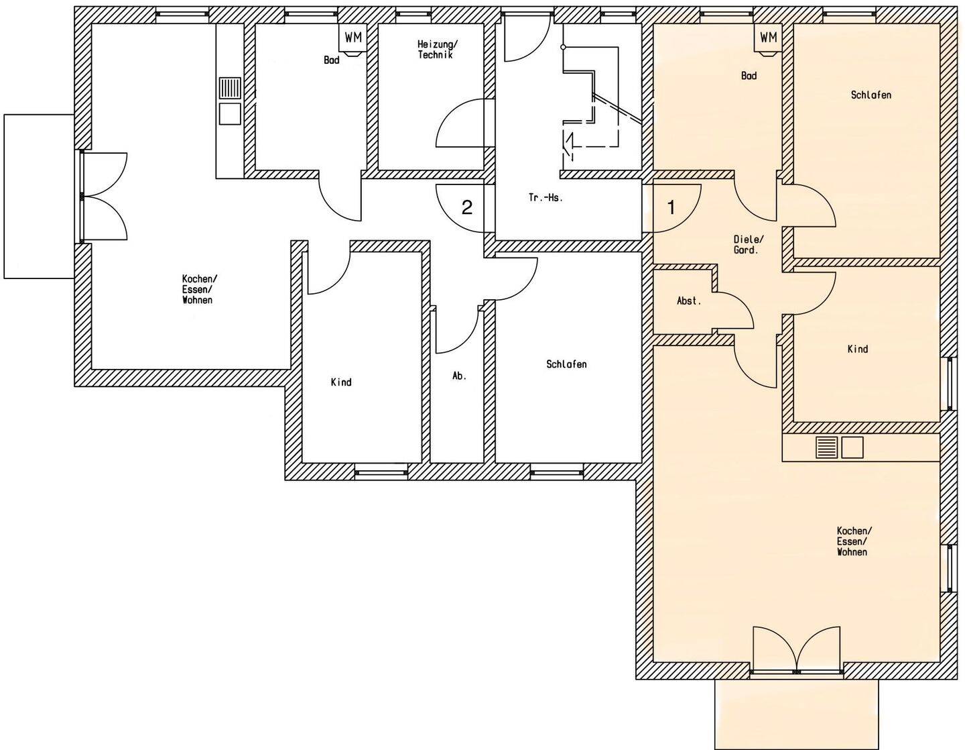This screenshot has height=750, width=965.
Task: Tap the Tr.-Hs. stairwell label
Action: coord(545,199)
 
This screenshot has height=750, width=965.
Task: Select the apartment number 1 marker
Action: coord(671,207)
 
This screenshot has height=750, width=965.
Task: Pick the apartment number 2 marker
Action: coord(466,207)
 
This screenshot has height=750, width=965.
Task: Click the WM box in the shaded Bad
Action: coord(769,38)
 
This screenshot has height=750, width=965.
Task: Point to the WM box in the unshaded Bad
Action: coord(353,38)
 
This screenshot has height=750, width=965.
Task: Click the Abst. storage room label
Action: coord(689,301)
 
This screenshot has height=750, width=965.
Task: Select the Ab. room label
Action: coord(460,376)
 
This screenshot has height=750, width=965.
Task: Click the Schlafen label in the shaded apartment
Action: coord(871,95)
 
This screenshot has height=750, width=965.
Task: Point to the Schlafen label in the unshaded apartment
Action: coord(566,364)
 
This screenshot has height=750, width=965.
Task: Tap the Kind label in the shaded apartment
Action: coord(858,349)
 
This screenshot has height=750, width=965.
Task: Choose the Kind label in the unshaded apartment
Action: coord(341,382)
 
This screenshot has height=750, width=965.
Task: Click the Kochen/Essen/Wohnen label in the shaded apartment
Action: coord(854,541)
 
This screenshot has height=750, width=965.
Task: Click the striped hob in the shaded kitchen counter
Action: coord(826,447)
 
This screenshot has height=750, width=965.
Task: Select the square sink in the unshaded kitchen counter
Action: coord(230,114)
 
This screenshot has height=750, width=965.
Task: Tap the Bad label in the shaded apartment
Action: coord(749,76)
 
